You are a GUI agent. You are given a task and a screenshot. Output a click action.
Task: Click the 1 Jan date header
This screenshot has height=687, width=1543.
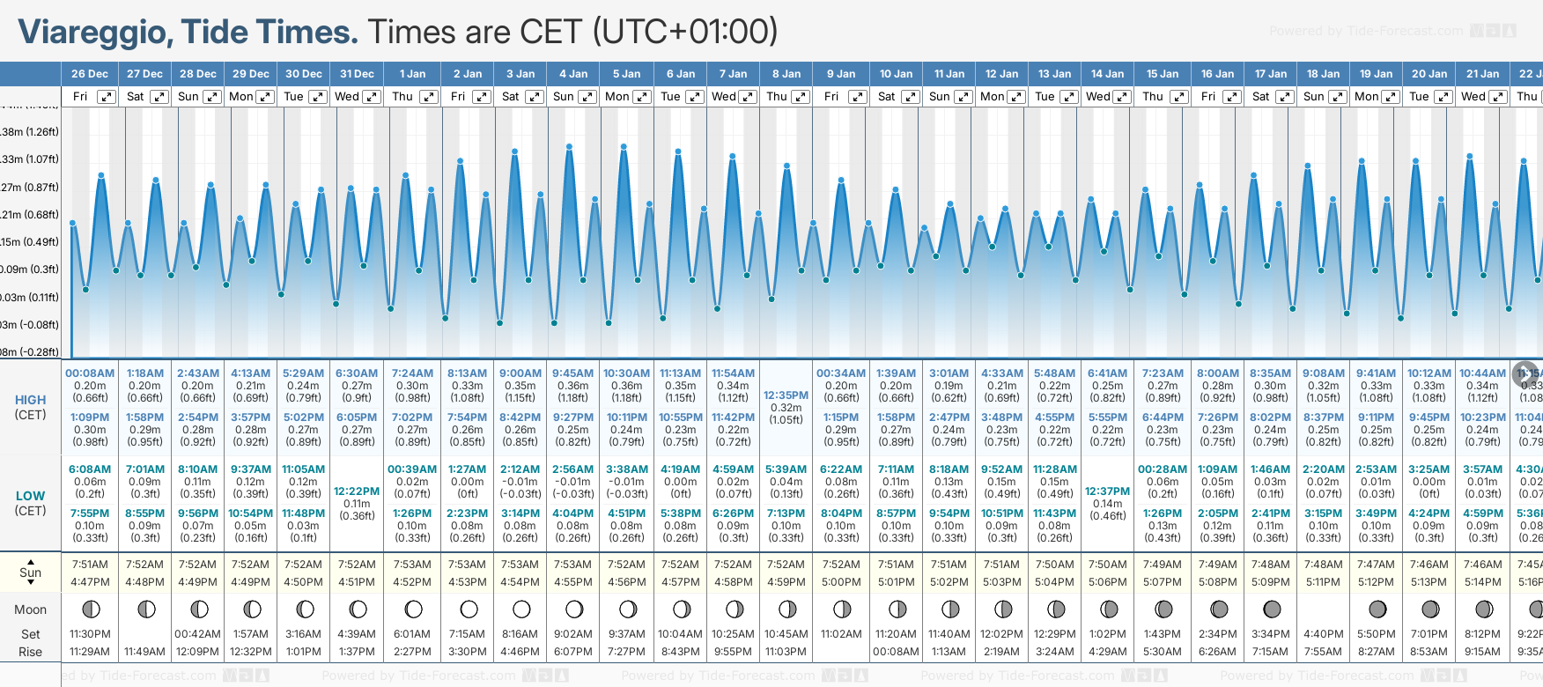click(412, 74)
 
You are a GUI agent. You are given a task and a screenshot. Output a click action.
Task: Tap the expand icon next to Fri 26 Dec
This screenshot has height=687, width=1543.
click(106, 97)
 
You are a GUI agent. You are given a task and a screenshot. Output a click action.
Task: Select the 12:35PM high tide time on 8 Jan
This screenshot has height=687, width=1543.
click(786, 395)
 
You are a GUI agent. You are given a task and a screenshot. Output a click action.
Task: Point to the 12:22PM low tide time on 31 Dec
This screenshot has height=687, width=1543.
click(357, 491)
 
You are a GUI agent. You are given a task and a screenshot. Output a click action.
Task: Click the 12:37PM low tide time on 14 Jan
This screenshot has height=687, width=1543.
click(1107, 491)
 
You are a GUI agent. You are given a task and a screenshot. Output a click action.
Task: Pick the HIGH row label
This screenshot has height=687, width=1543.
click(30, 400)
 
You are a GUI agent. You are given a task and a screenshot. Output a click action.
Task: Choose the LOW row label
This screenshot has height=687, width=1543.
click(30, 496)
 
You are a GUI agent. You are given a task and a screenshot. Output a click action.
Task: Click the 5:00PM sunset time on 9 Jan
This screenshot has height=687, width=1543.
click(841, 582)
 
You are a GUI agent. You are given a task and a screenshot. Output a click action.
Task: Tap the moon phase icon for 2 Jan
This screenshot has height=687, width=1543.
click(469, 609)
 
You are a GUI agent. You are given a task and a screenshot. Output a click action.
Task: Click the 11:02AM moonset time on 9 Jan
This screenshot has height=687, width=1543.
click(841, 634)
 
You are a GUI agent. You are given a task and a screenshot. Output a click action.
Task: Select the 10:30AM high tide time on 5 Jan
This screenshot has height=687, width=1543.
click(626, 373)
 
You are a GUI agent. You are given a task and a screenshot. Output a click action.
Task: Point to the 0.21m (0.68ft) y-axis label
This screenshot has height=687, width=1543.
click(30, 215)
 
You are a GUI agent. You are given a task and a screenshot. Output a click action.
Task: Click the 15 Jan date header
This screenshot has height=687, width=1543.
click(1163, 74)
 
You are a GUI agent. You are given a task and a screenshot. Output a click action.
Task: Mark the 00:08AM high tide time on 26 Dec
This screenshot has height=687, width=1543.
click(90, 373)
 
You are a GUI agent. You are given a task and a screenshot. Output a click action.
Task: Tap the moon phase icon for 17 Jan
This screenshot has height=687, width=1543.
click(1272, 609)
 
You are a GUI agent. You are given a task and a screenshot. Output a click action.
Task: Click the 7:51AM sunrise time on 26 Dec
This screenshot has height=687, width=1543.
click(90, 565)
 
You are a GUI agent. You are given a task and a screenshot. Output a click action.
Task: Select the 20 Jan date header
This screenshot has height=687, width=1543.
click(1429, 74)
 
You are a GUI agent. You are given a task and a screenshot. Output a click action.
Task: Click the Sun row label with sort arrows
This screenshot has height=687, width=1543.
click(30, 572)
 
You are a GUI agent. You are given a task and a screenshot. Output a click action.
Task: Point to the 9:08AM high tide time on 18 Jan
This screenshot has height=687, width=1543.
click(1324, 373)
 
